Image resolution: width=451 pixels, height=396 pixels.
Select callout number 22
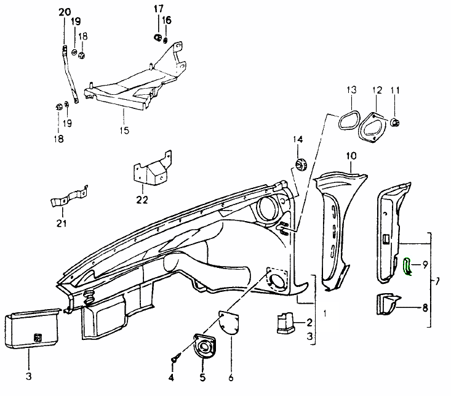tap(143, 200)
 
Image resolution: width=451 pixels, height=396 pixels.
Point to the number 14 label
tap(298, 140)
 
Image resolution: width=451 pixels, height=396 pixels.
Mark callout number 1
tap(325, 312)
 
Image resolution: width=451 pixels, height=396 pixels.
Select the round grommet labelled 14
tap(301, 164)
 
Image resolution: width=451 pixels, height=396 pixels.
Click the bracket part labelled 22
tap(151, 171)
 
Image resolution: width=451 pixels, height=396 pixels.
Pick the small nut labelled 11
tap(396, 121)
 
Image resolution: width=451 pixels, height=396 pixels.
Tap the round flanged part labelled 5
tap(203, 348)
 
